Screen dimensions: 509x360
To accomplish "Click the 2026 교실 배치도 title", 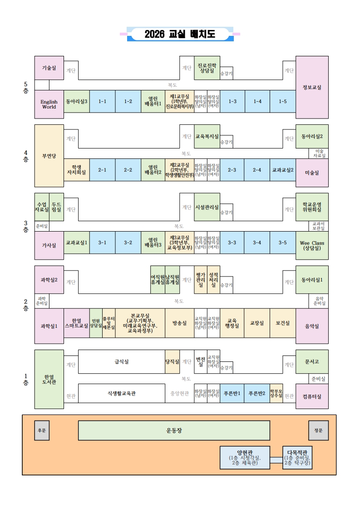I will click(x=180, y=34).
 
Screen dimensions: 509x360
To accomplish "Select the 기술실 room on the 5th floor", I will click(x=49, y=68).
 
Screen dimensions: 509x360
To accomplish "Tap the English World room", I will click(x=49, y=104).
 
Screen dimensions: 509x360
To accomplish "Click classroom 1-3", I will click(x=232, y=101).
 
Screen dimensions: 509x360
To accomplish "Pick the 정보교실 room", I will click(x=312, y=87).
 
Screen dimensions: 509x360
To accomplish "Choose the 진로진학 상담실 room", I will click(x=207, y=68).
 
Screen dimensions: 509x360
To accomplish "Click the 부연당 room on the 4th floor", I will click(x=49, y=156).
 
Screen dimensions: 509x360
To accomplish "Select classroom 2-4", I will click(x=257, y=170).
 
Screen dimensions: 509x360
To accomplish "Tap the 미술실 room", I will click(x=312, y=173).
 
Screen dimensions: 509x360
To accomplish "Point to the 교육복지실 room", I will click(x=207, y=136).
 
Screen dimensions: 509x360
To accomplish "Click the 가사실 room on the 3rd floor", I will click(x=49, y=245).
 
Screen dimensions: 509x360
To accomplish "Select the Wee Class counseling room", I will click(x=312, y=245).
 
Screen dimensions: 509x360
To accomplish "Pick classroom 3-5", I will click(x=282, y=242).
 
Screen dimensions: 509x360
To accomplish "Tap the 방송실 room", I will click(x=179, y=323).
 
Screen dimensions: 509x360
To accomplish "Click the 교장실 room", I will click(x=257, y=323).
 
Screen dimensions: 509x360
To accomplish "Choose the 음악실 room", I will click(x=312, y=326).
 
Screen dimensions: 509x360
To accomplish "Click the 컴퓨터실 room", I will click(x=312, y=396).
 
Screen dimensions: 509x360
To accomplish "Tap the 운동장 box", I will click(x=174, y=430).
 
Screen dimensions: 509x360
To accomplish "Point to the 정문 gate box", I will click(x=318, y=430).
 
